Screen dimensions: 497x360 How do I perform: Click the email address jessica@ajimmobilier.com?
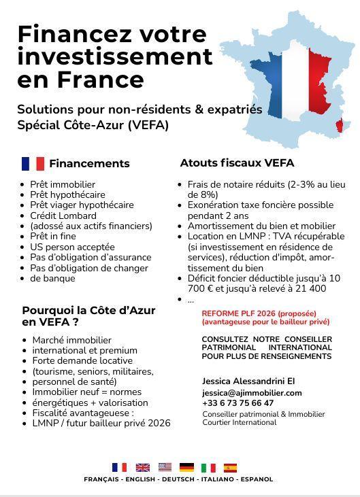[252, 393]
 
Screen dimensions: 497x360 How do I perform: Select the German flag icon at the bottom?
[186, 467]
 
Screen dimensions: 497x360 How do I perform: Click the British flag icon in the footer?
[142, 467]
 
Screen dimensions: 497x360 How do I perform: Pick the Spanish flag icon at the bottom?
[231, 467]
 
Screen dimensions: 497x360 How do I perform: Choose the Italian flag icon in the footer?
[208, 467]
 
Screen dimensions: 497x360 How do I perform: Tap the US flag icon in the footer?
[165, 467]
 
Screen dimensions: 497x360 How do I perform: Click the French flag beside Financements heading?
[33, 163]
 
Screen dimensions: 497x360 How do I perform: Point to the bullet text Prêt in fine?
[52, 237]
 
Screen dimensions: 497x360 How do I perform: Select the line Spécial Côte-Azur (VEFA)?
[93, 125]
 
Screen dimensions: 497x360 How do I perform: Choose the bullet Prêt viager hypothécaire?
[82, 205]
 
